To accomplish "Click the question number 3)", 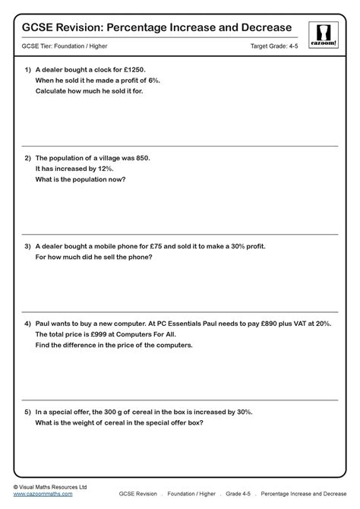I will (x=27, y=246).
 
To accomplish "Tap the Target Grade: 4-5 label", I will (x=275, y=47).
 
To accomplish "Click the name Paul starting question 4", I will (x=43, y=323).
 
